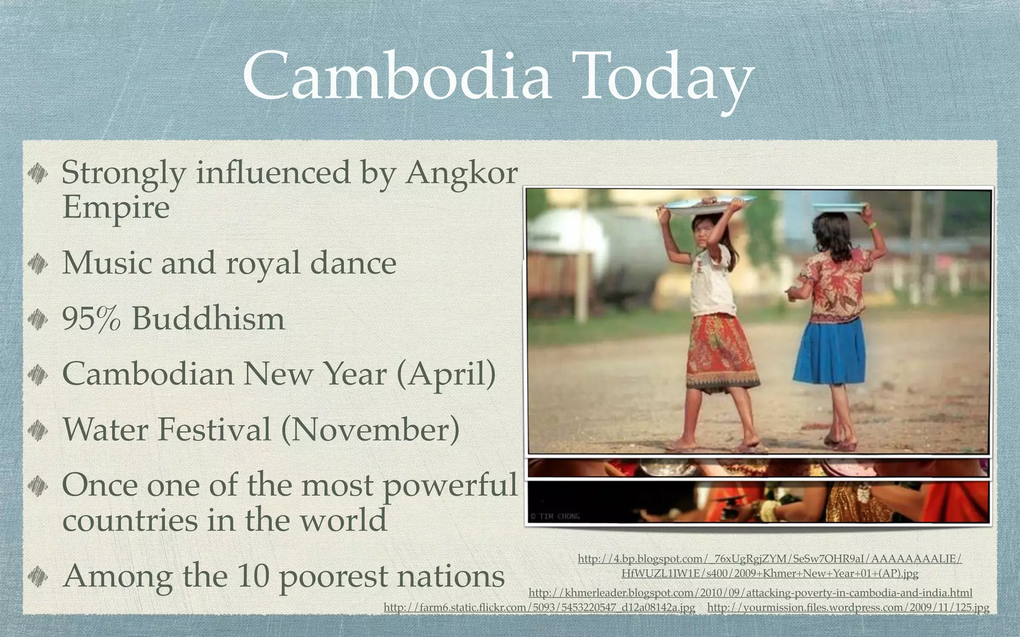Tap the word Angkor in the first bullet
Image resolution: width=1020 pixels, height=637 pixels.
click(x=461, y=174)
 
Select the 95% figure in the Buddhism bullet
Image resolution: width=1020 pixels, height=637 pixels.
click(x=91, y=318)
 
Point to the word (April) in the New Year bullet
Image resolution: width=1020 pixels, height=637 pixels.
click(x=446, y=374)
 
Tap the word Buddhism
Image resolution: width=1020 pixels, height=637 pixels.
click(x=208, y=318)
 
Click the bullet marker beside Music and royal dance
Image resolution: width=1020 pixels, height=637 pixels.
click(x=37, y=263)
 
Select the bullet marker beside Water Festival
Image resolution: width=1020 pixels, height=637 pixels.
click(x=37, y=430)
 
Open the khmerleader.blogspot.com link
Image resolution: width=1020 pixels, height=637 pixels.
click(x=750, y=593)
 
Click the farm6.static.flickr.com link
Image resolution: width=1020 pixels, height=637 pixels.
click(x=539, y=608)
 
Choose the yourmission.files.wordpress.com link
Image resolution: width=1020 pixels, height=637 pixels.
click(x=848, y=608)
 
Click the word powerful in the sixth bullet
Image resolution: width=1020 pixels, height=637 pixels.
click(x=450, y=485)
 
